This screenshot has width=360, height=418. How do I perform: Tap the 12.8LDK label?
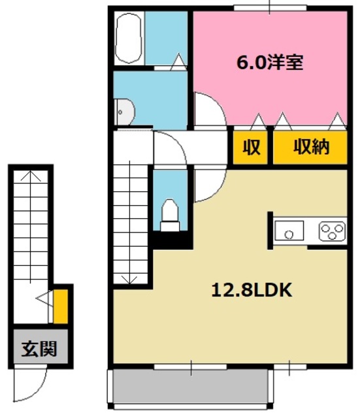[x=250, y=290]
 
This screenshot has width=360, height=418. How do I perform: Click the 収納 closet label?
[x=311, y=148]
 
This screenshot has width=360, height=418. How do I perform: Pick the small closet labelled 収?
[x=252, y=148]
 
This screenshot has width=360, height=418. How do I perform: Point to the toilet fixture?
[x=170, y=213]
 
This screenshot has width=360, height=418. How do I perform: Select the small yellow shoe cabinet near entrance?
[x=59, y=305]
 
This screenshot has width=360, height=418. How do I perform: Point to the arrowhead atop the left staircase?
[x=30, y=176]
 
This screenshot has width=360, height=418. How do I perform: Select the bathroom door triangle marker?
[x=178, y=63]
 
